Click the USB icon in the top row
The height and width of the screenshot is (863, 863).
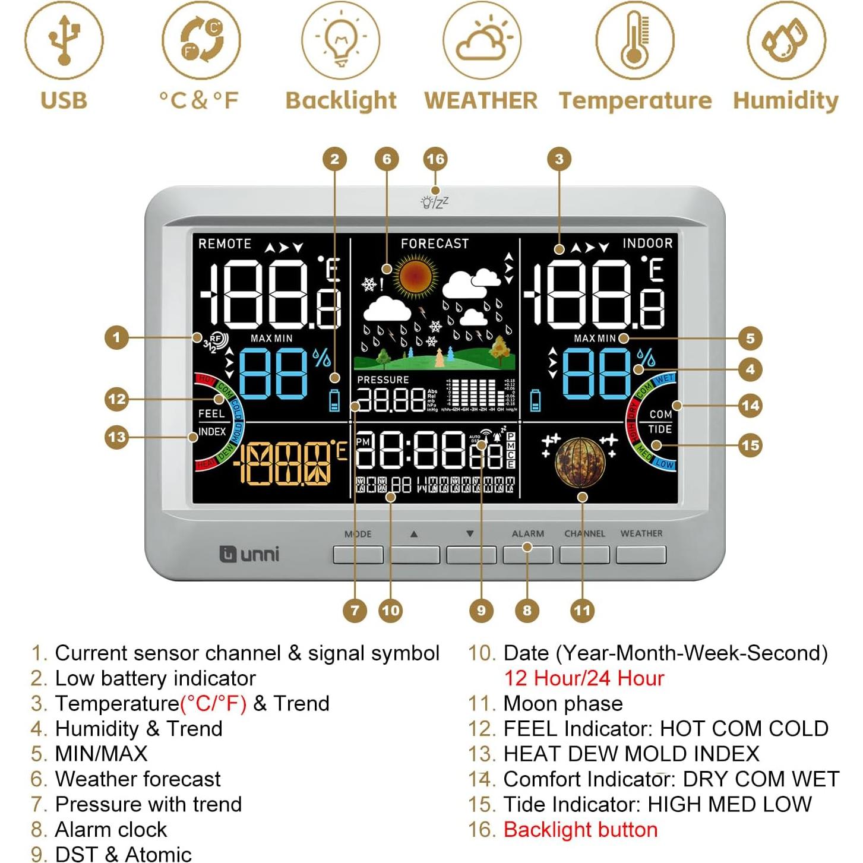64,40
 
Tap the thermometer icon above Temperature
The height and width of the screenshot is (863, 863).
635,40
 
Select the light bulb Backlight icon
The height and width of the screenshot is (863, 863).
340,40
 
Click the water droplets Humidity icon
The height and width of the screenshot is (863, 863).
786,40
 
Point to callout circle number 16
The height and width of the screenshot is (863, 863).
435,159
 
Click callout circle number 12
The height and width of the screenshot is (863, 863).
116,399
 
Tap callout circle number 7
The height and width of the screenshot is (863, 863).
355,611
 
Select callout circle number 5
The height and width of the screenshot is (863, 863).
750,339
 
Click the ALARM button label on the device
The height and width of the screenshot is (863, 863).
527,533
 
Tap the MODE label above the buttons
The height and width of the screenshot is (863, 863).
358,534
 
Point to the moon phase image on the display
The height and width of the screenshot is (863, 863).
580,463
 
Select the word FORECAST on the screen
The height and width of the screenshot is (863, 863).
435,244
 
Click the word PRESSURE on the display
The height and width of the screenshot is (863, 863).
383,380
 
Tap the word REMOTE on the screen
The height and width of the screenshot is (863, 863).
225,244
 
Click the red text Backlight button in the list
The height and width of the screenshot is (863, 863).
580,829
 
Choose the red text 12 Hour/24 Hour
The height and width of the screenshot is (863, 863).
584,678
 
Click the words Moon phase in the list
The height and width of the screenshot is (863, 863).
563,703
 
